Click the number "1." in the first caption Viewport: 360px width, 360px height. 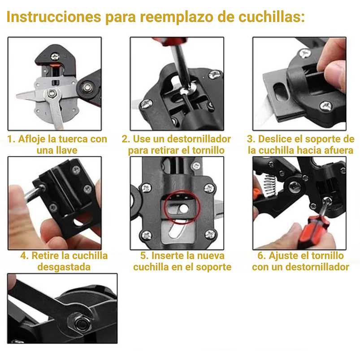coord(12,139)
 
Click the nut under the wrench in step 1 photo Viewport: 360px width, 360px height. coord(55,93)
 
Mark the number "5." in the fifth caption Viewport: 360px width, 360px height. coord(144,256)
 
